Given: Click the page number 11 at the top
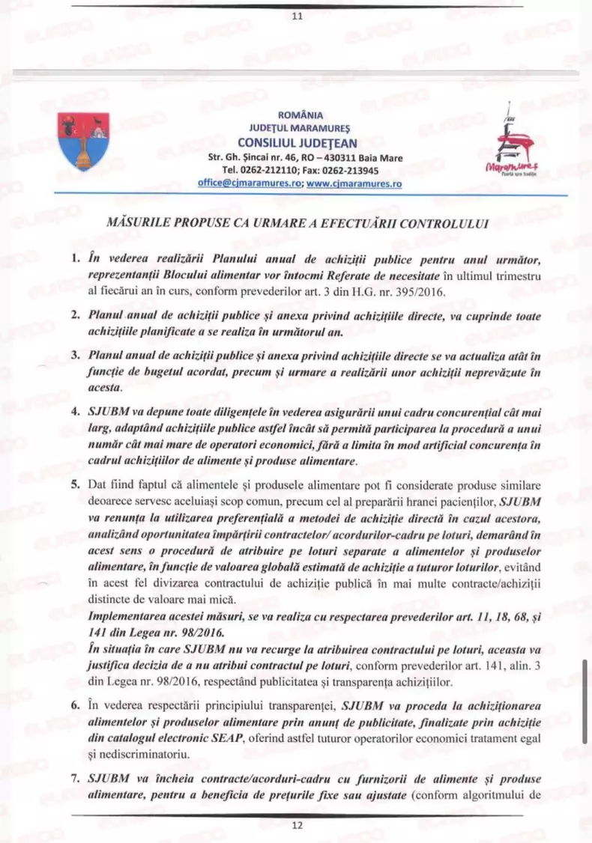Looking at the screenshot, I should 296,19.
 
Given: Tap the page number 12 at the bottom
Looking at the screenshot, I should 296,827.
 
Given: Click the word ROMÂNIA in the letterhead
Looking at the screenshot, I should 300,116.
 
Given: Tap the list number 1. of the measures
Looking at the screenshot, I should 75,259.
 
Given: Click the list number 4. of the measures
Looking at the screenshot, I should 75,411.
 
